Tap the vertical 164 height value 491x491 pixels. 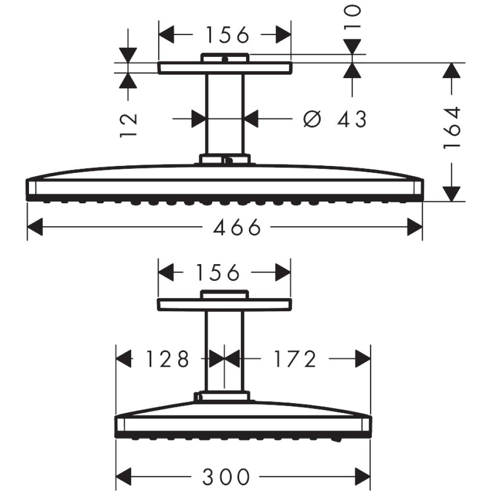pyautogui.click(x=452, y=128)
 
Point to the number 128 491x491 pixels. pyautogui.click(x=167, y=359)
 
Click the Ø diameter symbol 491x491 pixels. pyautogui.click(x=312, y=119)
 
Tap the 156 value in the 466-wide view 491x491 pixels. pyautogui.click(x=227, y=35)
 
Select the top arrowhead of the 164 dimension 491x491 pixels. pyautogui.click(x=452, y=72)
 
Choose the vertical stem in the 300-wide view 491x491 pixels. pyautogui.click(x=224, y=351)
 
